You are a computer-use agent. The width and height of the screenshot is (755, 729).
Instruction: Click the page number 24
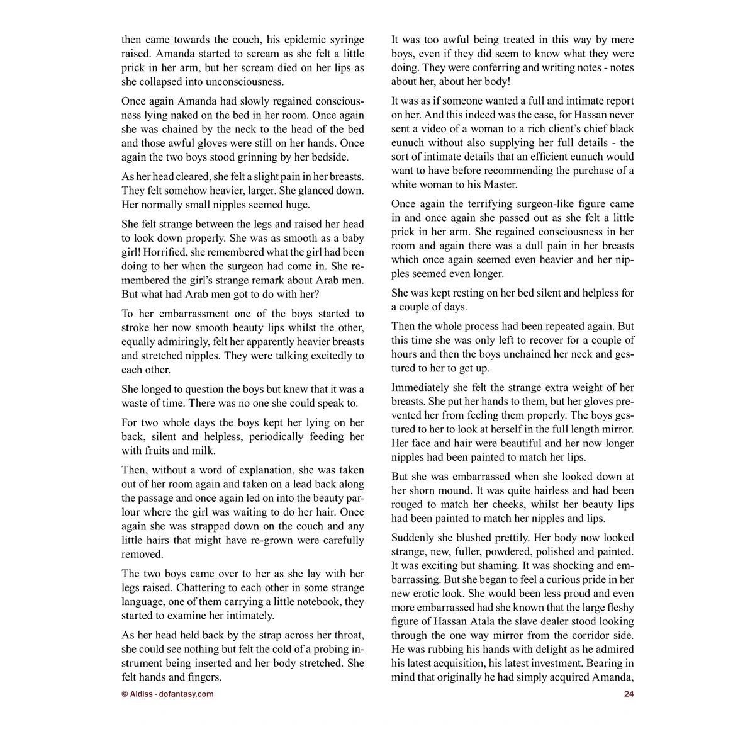(629, 694)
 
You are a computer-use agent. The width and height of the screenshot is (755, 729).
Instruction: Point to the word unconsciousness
(244, 82)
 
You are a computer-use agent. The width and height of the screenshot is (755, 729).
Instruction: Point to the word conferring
(488, 68)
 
